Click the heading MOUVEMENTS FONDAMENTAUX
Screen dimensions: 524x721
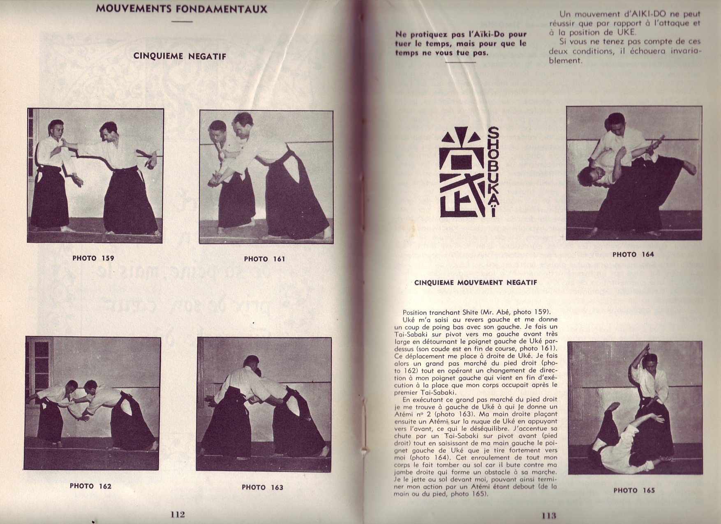pyautogui.click(x=181, y=9)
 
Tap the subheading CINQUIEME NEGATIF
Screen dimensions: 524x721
pyautogui.click(x=180, y=56)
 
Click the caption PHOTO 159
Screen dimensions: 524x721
pyautogui.click(x=93, y=258)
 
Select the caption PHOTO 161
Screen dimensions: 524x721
pyautogui.click(x=264, y=259)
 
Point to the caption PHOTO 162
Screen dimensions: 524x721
pyautogui.click(x=90, y=486)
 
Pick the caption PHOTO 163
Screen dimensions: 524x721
pyautogui.click(x=262, y=487)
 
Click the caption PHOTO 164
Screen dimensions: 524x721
pyautogui.click(x=633, y=255)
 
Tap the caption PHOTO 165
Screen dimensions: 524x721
pyautogui.click(x=634, y=490)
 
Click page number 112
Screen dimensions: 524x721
pyautogui.click(x=178, y=515)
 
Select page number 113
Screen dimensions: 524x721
pyautogui.click(x=549, y=516)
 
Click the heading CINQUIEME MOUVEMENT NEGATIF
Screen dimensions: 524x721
pyautogui.click(x=476, y=283)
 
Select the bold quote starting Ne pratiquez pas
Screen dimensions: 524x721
pyautogui.click(x=460, y=44)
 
